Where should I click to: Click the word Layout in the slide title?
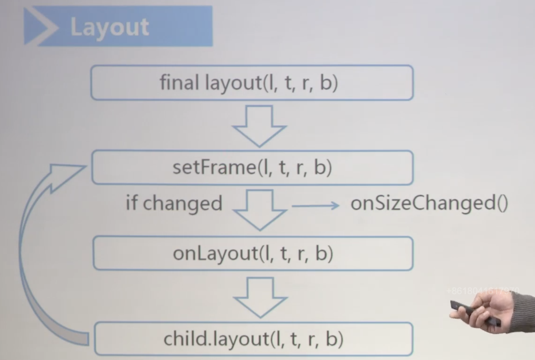110,27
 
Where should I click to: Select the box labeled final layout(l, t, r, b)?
252,83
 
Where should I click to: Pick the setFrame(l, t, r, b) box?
252,168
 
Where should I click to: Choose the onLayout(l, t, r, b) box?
253,254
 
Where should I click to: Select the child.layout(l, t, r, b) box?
253,339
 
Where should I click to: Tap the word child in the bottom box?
184,339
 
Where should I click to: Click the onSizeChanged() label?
429,204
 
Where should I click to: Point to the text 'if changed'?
174,203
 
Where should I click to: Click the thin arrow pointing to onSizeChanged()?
315,205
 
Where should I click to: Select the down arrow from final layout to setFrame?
260,125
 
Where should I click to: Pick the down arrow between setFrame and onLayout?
260,210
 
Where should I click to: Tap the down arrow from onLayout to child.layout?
260,296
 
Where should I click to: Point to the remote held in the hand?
475,313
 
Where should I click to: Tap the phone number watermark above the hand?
482,291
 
